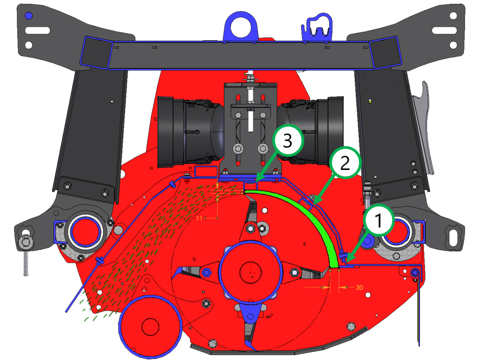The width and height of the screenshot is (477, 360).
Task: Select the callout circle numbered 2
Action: click(x=344, y=162)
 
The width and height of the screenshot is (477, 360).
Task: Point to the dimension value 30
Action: click(x=359, y=287)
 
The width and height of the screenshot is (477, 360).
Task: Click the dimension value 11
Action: click(x=199, y=218)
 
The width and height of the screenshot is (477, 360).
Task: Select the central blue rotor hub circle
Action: click(x=250, y=270)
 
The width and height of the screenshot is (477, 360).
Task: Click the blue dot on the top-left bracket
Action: click(x=29, y=16)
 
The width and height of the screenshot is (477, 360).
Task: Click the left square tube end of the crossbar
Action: click(x=95, y=52)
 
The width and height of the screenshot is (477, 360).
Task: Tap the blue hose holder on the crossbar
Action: click(x=316, y=28)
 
